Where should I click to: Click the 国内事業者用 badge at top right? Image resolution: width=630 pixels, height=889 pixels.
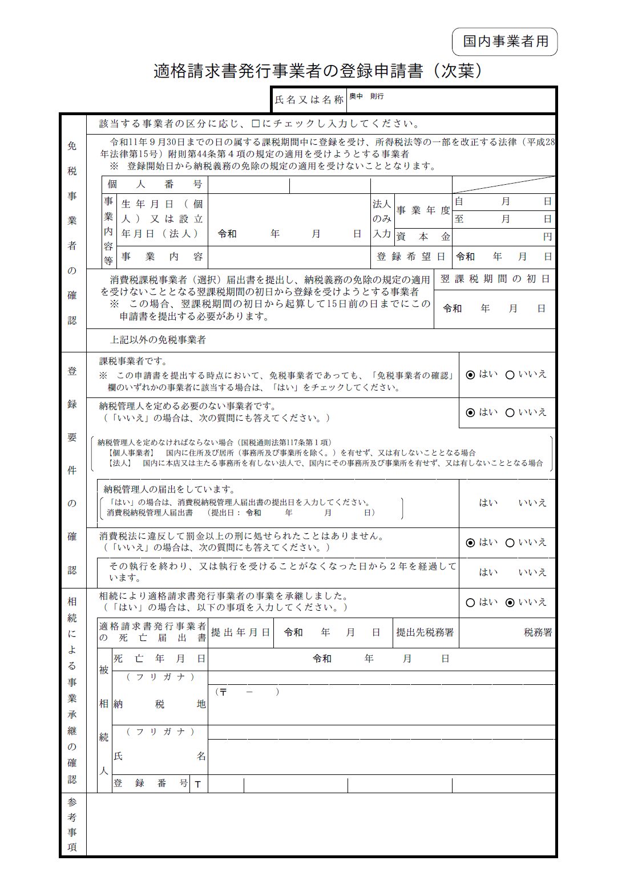(x=505, y=42)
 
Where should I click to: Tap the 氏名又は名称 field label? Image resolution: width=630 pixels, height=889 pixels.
(x=309, y=100)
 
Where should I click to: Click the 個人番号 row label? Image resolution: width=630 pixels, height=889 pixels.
(x=155, y=185)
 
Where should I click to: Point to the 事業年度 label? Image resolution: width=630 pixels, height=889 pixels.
(x=423, y=210)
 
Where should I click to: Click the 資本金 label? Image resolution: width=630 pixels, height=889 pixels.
(x=423, y=236)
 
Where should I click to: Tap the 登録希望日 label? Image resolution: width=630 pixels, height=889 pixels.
(x=411, y=257)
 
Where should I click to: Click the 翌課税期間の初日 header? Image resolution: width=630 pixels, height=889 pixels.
(x=495, y=279)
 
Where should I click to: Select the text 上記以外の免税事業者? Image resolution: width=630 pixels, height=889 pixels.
(x=157, y=340)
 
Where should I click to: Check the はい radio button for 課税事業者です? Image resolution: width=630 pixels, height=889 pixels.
(x=470, y=375)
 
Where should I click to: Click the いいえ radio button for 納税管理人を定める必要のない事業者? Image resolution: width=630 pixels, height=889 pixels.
(x=510, y=413)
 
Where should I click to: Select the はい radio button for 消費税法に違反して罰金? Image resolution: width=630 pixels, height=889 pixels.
(x=470, y=543)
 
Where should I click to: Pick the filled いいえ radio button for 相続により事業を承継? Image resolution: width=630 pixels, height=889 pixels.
(x=510, y=603)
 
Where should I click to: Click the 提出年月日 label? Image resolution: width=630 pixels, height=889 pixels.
(x=240, y=632)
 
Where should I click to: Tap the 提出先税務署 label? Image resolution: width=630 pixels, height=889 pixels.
(x=425, y=632)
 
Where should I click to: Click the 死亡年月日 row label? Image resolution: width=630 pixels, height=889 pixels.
(x=159, y=659)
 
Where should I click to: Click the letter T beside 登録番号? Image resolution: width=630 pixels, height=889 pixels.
(x=198, y=784)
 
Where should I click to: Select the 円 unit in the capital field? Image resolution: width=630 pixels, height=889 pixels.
(x=547, y=237)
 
